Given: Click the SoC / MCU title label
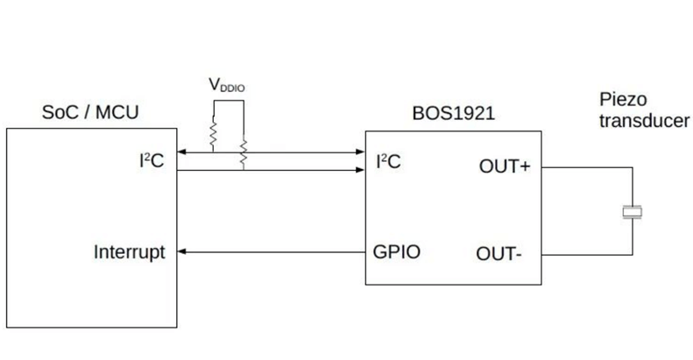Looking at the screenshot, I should (x=91, y=113).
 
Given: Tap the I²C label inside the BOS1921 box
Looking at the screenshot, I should (x=389, y=160).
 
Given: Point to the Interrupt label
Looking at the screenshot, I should (x=129, y=253).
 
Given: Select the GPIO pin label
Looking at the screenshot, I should (x=397, y=253).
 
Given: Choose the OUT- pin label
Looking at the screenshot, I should (x=500, y=254).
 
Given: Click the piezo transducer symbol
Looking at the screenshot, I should (x=631, y=210).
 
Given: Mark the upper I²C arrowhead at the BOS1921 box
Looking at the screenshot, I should (x=360, y=152).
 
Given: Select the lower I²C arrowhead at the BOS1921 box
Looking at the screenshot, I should (x=360, y=170).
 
